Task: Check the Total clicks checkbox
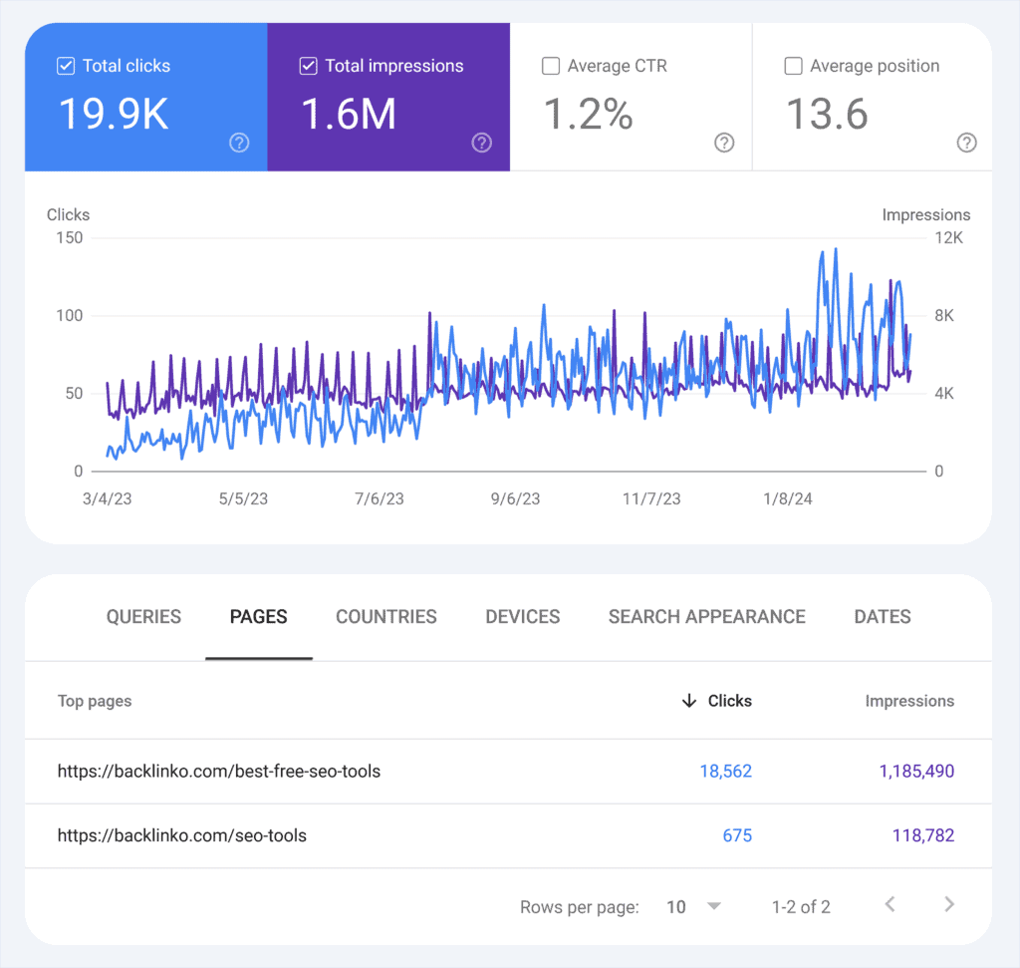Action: [66, 67]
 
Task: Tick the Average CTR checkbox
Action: [551, 67]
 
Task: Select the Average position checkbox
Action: [794, 67]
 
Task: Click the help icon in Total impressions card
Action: [482, 143]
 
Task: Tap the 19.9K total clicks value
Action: [114, 114]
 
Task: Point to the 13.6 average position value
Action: [827, 114]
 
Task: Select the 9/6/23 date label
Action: [514, 498]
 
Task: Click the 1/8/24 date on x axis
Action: [787, 498]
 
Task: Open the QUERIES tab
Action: [143, 617]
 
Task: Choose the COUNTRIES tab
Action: [386, 617]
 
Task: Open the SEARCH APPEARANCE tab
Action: [707, 617]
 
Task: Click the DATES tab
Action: [883, 617]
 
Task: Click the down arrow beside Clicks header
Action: [688, 701]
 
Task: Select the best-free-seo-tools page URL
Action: [219, 771]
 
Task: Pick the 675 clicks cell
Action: [737, 835]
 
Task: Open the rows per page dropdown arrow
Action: [713, 906]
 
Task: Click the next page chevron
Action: [949, 905]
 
